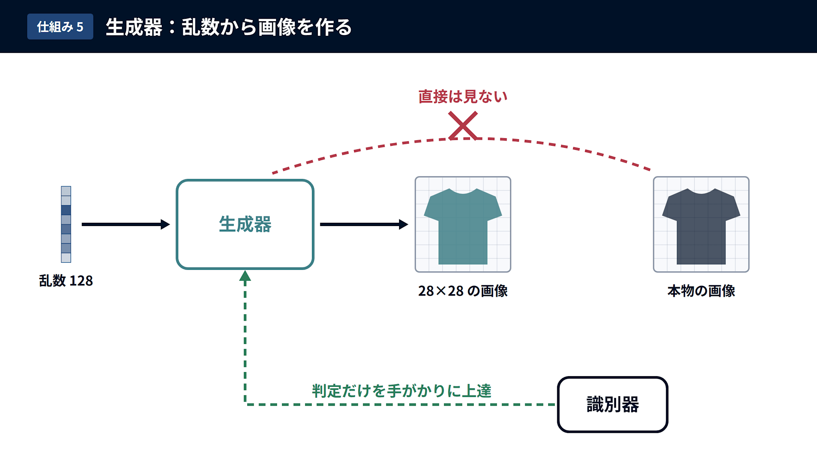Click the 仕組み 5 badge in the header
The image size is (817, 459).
tap(60, 27)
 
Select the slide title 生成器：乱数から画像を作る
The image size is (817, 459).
tap(228, 27)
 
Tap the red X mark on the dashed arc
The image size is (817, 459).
tap(463, 126)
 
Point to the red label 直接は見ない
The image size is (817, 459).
tap(463, 97)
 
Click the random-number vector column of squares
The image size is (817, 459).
tap(66, 224)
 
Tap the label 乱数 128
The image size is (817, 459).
tap(66, 281)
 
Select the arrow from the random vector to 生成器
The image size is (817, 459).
tap(126, 224)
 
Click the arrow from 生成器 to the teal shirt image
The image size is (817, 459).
tap(364, 224)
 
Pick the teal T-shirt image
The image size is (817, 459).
tap(463, 224)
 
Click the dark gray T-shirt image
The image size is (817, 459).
tap(701, 224)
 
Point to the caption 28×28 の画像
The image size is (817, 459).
tap(463, 291)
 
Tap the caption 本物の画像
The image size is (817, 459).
tap(701, 291)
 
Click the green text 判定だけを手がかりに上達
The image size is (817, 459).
tap(402, 391)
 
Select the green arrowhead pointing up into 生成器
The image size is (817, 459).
tap(245, 276)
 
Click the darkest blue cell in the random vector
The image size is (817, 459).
tap(66, 210)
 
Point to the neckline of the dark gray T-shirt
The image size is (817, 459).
tap(701, 191)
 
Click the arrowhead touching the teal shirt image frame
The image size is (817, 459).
tap(404, 224)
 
